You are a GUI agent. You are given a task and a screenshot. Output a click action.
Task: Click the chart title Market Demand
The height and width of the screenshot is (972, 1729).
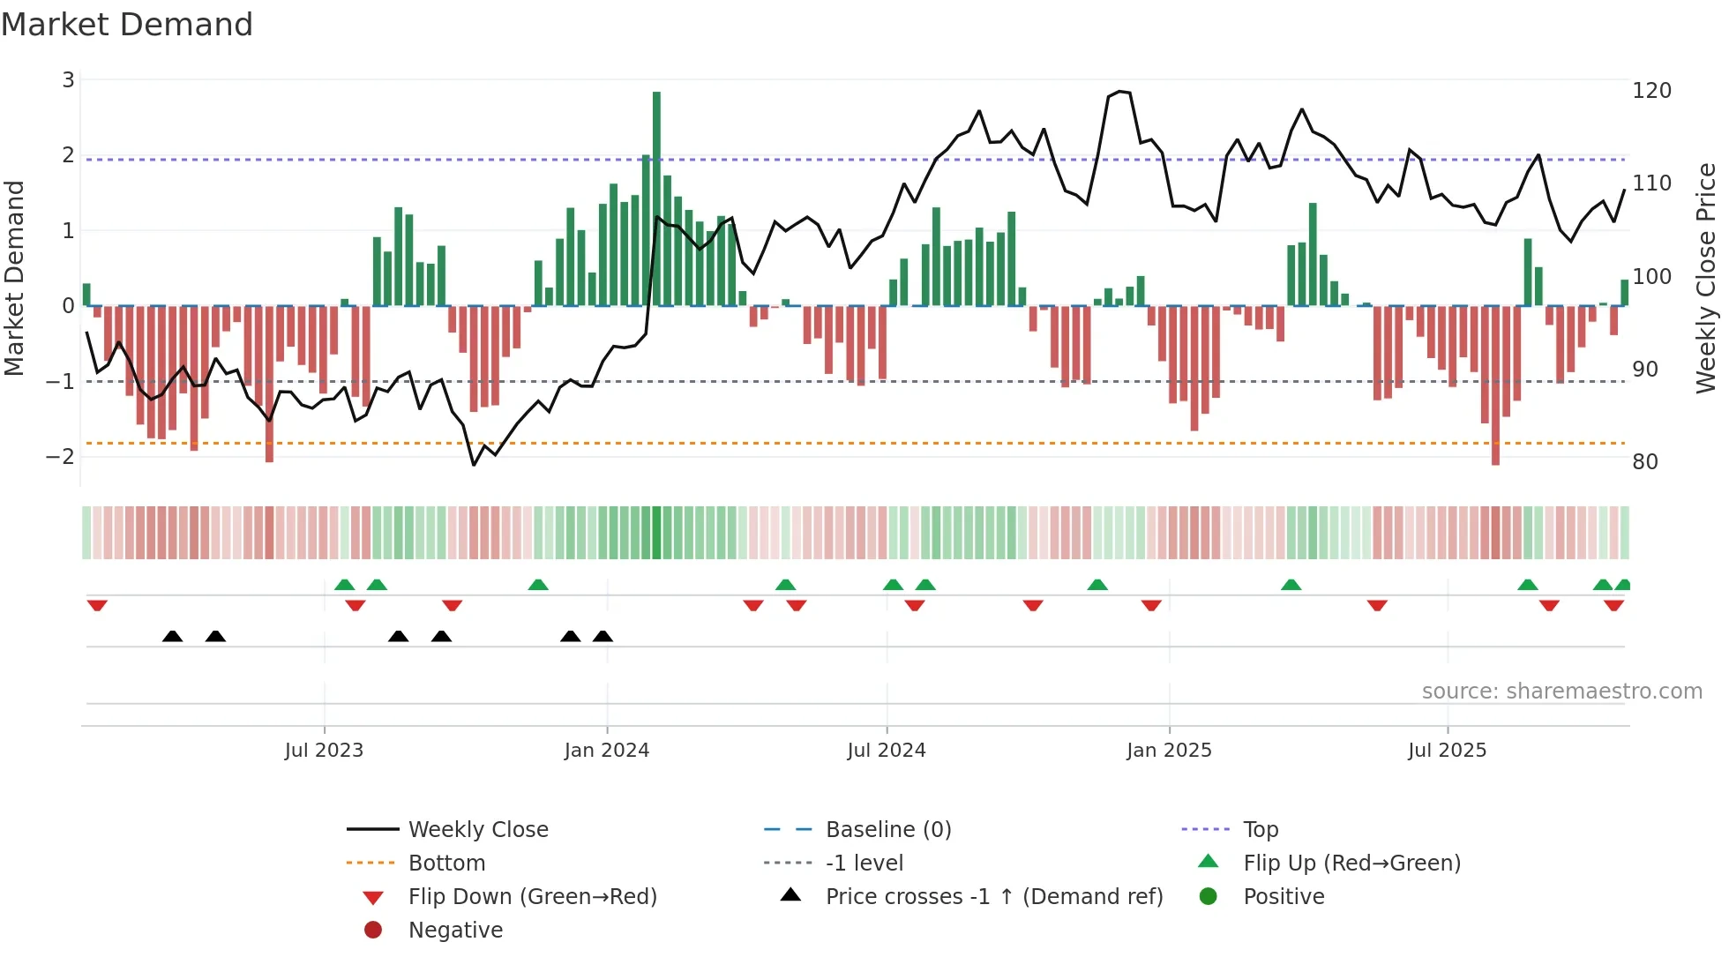pos(127,25)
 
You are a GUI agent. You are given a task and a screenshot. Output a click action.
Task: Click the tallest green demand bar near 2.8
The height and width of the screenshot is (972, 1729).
pos(656,198)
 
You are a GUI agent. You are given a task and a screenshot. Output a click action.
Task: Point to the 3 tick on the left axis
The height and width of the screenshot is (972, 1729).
pos(68,80)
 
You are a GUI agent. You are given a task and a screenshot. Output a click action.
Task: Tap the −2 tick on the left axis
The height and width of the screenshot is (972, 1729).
pos(61,457)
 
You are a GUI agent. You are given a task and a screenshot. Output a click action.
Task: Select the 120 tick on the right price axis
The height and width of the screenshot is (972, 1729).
pos(1651,91)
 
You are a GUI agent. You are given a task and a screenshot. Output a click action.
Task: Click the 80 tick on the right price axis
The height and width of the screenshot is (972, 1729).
pos(1645,462)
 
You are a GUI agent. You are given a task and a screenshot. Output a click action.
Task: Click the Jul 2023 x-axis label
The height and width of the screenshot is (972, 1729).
pos(324,751)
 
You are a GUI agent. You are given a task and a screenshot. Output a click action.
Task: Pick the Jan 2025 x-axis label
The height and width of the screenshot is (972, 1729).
pos(1169,751)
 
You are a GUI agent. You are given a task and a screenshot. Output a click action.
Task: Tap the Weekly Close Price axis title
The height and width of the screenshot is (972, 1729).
pos(1706,278)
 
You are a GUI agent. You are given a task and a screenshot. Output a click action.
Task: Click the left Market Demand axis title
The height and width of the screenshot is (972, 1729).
pos(15,278)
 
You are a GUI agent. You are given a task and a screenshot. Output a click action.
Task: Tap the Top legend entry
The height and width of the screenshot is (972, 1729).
pos(1261,830)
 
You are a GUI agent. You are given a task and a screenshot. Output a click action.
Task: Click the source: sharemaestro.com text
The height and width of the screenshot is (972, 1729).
pos(1561,692)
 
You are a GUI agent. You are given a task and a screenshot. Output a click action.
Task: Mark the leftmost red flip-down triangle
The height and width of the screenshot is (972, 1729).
pos(97,605)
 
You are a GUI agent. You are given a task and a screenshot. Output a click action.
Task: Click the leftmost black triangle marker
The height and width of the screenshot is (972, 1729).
pos(173,636)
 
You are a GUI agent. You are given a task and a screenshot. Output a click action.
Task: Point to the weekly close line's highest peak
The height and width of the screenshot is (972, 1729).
pos(1119,92)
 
